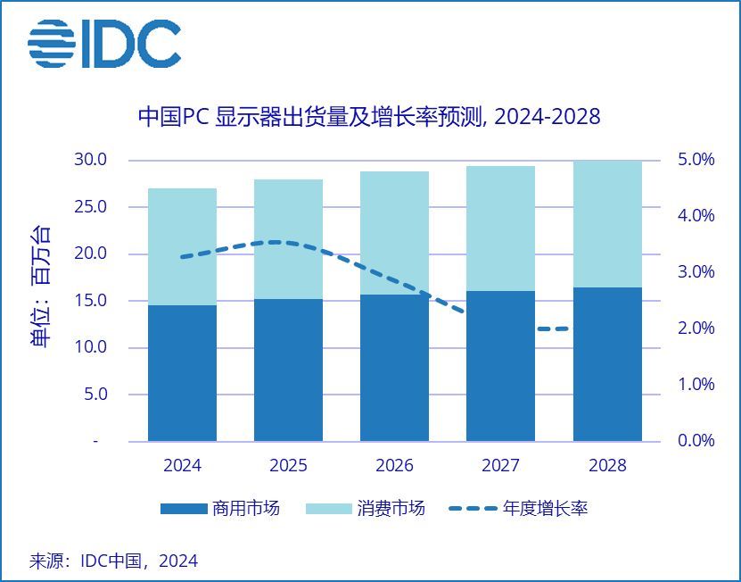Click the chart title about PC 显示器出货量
368,117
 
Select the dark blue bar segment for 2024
182,373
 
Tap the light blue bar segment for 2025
288,239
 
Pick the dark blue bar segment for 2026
394,368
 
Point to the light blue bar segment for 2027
500,229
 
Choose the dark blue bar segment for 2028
607,364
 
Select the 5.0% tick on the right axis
692,160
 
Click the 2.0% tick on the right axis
692,328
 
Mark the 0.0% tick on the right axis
692,441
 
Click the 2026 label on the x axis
394,465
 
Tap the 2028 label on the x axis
607,465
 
